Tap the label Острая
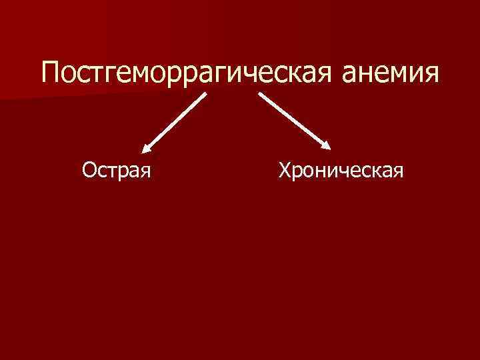[x=117, y=172]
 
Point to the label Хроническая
[x=342, y=172]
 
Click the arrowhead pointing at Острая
[x=146, y=152]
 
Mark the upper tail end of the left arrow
[x=205, y=94]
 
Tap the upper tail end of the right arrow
[x=260, y=94]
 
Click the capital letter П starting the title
[x=51, y=72]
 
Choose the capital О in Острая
[x=89, y=171]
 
